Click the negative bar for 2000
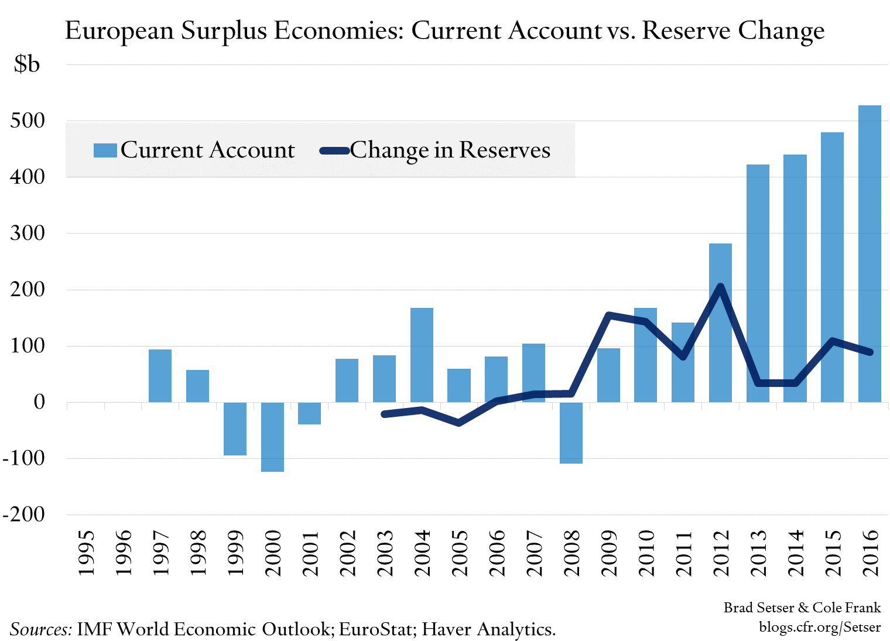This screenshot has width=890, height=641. (x=272, y=437)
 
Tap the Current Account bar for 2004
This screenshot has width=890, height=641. (x=422, y=355)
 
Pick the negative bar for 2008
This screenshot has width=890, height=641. (x=571, y=433)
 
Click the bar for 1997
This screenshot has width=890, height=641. (x=160, y=376)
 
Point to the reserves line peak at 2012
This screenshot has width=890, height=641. (x=720, y=287)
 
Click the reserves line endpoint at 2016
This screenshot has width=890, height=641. (x=870, y=352)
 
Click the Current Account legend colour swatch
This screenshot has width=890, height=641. (x=105, y=150)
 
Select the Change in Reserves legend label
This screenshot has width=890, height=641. (x=450, y=150)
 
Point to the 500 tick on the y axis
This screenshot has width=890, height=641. (x=28, y=121)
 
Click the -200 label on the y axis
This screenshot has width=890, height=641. (x=23, y=515)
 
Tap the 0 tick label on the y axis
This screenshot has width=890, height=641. (x=39, y=402)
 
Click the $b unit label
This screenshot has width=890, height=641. (x=27, y=64)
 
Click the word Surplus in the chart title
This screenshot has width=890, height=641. (x=224, y=30)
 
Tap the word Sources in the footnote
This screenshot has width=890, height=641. (x=40, y=629)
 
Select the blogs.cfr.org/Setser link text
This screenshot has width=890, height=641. (x=819, y=627)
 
